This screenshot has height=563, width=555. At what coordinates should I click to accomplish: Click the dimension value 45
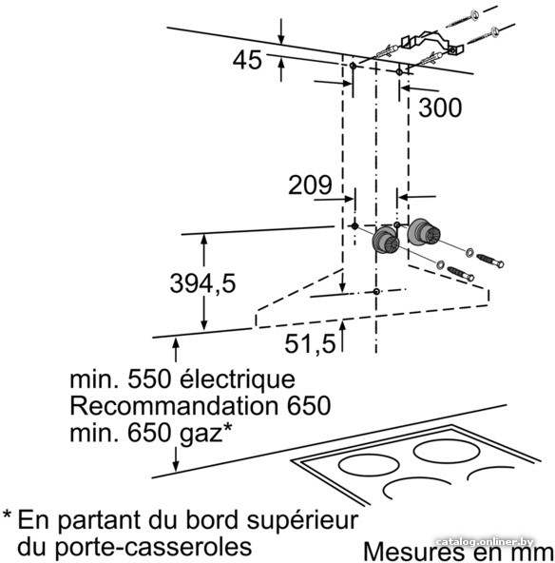(x=247, y=60)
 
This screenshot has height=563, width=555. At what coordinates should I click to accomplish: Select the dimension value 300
(x=440, y=107)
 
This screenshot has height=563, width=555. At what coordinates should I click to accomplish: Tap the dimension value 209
(x=310, y=184)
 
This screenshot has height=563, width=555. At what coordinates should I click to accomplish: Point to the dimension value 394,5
(x=202, y=283)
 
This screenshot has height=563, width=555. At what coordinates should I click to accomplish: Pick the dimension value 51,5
(x=310, y=343)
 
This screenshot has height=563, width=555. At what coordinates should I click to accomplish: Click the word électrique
(x=238, y=379)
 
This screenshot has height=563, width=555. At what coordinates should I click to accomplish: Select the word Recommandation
(x=174, y=406)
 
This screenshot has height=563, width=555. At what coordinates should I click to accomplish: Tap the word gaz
(x=201, y=435)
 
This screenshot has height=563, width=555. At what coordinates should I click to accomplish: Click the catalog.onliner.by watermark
(x=485, y=542)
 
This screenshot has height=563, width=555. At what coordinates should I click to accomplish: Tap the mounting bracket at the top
(x=431, y=43)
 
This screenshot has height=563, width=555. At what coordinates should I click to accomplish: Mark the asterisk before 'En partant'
(x=7, y=514)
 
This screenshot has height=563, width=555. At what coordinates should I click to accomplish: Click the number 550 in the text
(x=149, y=379)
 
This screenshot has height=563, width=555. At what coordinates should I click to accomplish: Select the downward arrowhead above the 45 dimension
(x=281, y=39)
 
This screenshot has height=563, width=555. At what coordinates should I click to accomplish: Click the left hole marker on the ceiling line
(x=353, y=66)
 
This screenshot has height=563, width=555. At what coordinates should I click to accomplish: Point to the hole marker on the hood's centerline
(x=376, y=292)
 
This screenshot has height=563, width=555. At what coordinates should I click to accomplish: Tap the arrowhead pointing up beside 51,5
(x=343, y=326)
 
